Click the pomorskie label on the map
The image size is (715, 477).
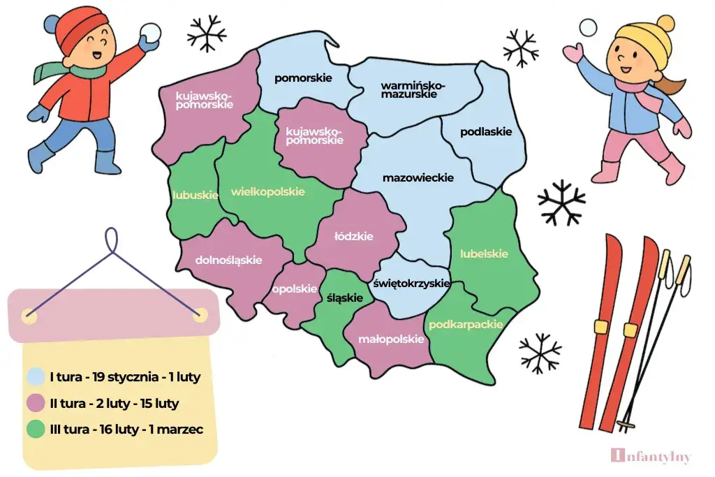303,78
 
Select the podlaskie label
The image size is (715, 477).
486,131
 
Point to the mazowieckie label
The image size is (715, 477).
418,178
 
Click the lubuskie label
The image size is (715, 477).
196,196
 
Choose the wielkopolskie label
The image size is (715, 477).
267,191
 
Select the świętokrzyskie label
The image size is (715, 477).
412,284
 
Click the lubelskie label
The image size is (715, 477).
484,254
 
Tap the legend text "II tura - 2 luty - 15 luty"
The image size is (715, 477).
114,404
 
